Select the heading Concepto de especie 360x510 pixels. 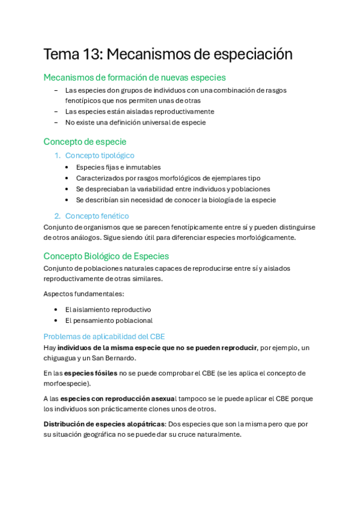[x=85, y=142]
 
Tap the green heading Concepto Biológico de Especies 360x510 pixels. [x=106, y=256]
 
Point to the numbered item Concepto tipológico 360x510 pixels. [x=100, y=156]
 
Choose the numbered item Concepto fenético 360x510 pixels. [x=97, y=216]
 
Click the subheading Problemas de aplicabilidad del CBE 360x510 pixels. [x=104, y=337]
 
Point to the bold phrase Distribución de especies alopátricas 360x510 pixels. [x=104, y=424]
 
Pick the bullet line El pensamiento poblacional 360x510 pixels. [x=109, y=321]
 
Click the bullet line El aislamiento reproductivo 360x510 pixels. [x=108, y=310]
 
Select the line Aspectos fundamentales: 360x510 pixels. [x=84, y=294]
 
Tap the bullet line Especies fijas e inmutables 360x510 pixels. [x=118, y=167]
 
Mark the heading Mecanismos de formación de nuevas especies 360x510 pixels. [x=135, y=78]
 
